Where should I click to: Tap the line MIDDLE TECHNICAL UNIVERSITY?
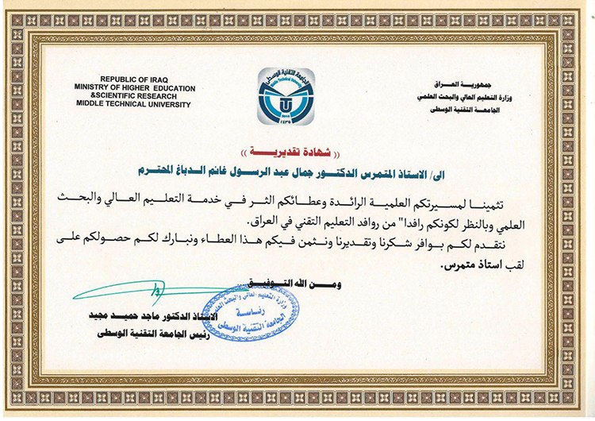pyautogui.click(x=141, y=104)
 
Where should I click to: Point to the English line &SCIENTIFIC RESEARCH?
pyautogui.click(x=131, y=96)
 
